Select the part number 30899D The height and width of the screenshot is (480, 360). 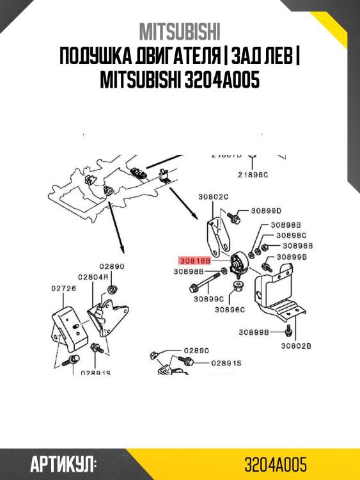266,211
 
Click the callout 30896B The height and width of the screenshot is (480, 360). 297,245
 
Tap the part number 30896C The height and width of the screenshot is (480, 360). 230,310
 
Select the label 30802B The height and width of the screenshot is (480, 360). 295,346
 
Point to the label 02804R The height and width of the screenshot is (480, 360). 93,277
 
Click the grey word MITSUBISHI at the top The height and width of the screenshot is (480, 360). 180,32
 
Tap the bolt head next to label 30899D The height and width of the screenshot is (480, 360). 236,217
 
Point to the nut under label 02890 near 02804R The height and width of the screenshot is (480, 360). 111,289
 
